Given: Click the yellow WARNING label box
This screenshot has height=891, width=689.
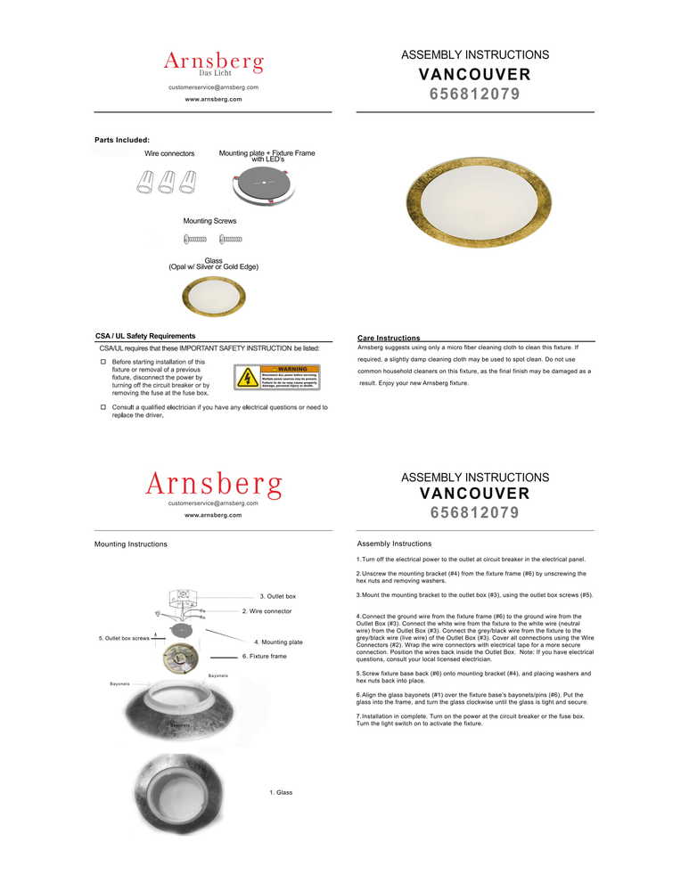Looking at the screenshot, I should (276, 377).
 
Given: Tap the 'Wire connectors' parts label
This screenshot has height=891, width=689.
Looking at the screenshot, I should (169, 154).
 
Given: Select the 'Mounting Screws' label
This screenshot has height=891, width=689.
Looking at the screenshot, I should (209, 220).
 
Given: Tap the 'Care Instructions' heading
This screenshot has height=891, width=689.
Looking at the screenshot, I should (389, 339).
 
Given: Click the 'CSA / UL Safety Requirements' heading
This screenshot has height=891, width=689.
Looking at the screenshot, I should (145, 336).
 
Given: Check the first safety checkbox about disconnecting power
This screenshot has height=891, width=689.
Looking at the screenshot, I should (103, 363).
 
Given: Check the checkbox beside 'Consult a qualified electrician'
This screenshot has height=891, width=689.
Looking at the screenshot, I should (103, 407).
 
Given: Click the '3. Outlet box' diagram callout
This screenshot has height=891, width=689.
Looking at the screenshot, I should (277, 596).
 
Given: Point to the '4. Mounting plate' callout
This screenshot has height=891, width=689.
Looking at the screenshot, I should (278, 642).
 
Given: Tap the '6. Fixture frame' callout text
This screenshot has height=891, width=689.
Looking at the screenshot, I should (265, 656).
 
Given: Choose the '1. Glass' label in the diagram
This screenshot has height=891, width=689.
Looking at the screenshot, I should (281, 792).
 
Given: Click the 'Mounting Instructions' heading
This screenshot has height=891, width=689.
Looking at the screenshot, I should (130, 544).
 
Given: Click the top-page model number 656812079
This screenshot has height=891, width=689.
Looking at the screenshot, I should (474, 94).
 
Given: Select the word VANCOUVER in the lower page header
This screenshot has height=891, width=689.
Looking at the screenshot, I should (474, 494).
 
